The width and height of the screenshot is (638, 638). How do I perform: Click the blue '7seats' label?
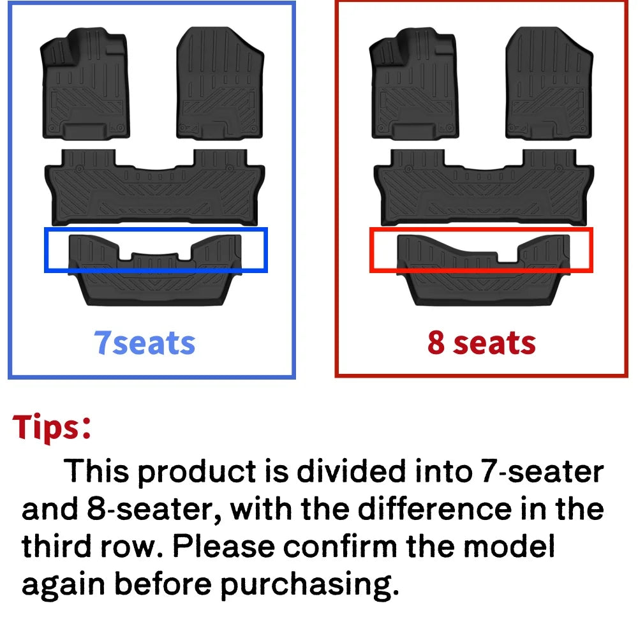[144, 343]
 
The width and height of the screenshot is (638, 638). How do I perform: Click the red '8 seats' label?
[481, 343]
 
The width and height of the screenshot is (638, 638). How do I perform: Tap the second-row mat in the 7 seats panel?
[154, 188]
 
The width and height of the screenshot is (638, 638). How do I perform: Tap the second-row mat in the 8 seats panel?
[483, 188]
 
